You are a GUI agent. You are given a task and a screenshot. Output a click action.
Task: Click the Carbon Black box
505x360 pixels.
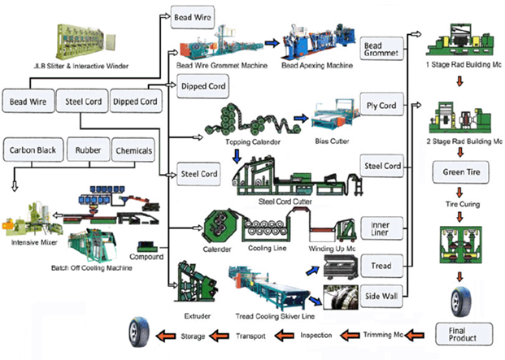point(33,150)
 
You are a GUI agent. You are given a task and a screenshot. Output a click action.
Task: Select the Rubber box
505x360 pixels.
point(89,150)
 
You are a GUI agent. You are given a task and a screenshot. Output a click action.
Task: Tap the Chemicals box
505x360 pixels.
point(133,150)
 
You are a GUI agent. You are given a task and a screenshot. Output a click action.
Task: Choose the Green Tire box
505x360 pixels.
point(461,172)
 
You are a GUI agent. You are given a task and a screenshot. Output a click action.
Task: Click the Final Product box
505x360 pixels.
point(464,334)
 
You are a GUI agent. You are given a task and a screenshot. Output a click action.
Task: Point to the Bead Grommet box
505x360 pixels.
point(381,49)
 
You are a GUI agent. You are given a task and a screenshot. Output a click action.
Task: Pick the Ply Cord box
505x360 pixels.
point(381,105)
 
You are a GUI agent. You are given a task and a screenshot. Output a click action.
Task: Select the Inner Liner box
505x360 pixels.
point(381,228)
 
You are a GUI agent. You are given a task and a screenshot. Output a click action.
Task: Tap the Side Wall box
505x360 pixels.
point(381,296)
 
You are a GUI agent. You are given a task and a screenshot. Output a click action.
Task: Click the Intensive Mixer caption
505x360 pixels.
point(34,242)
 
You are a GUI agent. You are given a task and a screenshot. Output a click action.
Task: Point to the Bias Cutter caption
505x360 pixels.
point(332,141)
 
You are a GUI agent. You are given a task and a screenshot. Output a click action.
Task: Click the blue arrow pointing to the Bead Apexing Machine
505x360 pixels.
point(272,43)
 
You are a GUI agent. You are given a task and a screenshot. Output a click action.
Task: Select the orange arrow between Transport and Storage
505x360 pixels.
point(220,336)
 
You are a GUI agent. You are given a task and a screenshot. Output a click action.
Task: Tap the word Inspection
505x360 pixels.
point(316,336)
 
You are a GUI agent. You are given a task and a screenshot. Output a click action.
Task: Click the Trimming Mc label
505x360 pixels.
point(383,335)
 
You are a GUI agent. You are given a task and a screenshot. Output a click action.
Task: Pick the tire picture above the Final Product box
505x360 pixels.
point(461,302)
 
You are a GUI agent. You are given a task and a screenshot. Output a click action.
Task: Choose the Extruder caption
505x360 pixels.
point(197,316)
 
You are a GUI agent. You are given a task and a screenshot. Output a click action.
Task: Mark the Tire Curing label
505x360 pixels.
point(463,204)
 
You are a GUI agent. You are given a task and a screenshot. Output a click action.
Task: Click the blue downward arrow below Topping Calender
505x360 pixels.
point(237,156)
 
